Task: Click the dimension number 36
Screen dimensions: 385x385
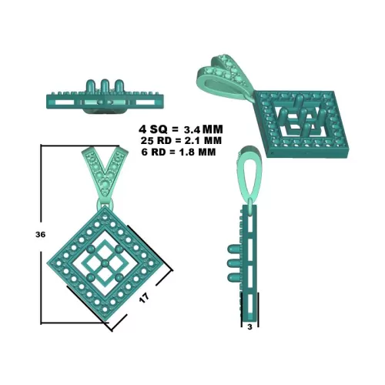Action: (40, 234)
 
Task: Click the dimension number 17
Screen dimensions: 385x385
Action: (144, 298)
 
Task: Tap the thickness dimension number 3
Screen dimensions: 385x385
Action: (250, 327)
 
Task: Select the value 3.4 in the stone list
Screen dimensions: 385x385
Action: (192, 129)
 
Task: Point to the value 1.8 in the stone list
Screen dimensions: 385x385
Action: (185, 152)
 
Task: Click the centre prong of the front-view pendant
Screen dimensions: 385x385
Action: (105, 263)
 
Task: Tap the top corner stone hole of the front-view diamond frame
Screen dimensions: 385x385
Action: (105, 217)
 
